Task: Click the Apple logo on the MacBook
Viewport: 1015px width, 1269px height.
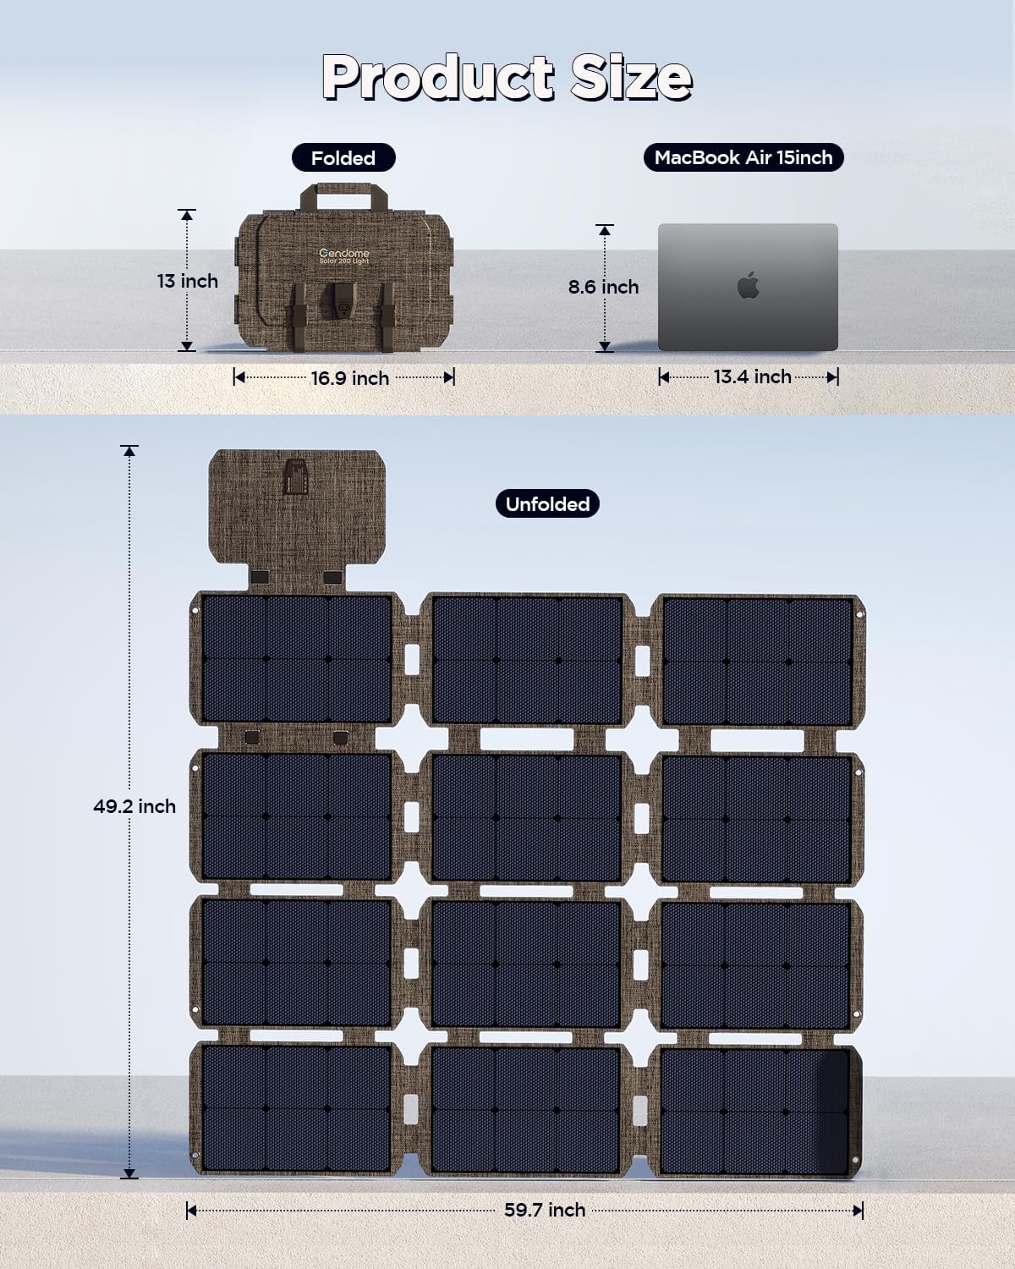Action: (748, 286)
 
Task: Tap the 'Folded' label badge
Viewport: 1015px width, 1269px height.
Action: (343, 158)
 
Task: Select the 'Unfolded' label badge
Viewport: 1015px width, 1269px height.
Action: (547, 504)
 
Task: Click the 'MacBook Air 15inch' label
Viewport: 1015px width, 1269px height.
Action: (743, 157)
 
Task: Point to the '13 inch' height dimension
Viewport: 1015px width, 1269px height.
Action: (187, 281)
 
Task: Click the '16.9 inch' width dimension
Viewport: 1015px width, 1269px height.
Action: (349, 378)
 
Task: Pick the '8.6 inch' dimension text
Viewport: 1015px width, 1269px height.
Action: (603, 288)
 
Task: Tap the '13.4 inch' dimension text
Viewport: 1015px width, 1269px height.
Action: (752, 376)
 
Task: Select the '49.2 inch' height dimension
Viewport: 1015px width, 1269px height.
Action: (134, 806)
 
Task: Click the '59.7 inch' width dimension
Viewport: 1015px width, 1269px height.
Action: (545, 1210)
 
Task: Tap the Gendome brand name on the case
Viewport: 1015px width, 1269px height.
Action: (343, 253)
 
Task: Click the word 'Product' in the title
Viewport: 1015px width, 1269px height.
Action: (438, 78)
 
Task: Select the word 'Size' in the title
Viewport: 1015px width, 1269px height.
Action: (631, 78)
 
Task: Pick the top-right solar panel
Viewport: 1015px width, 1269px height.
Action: (756, 660)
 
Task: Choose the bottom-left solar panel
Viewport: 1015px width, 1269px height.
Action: (296, 1108)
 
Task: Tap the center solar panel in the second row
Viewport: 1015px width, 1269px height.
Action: (526, 817)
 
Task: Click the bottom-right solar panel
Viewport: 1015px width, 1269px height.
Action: (756, 1110)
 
